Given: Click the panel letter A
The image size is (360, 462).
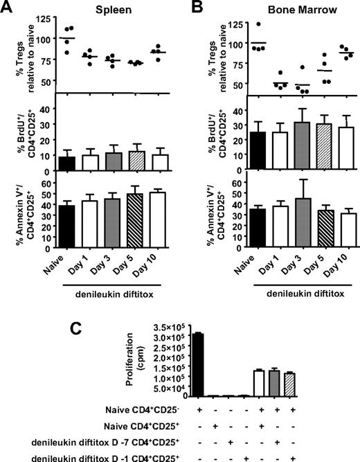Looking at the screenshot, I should point(8,8).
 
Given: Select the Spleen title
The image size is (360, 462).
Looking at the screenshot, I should point(114,10).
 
